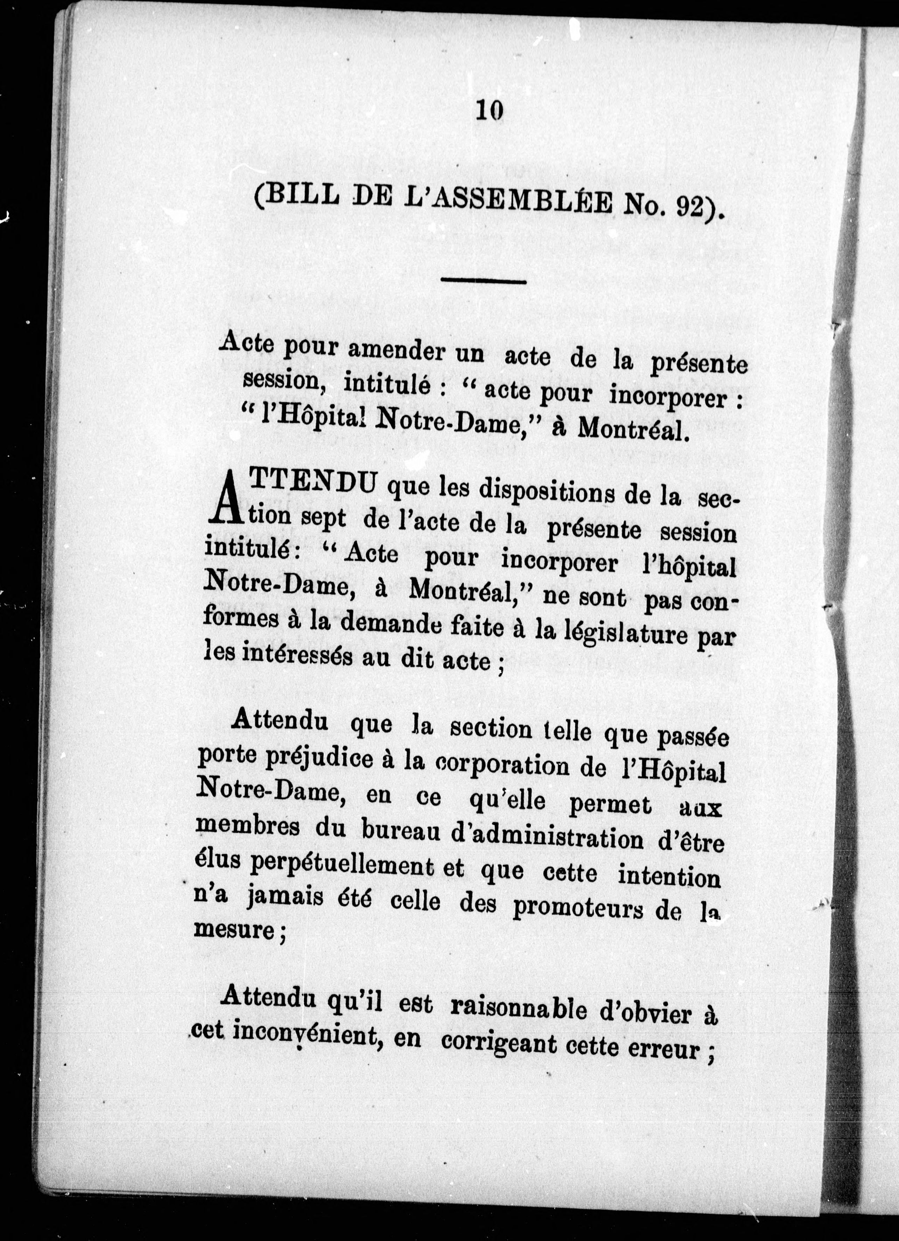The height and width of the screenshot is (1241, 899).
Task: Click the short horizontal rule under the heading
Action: coord(483,282)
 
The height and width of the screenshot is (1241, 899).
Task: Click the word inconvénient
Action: coord(306,1033)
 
